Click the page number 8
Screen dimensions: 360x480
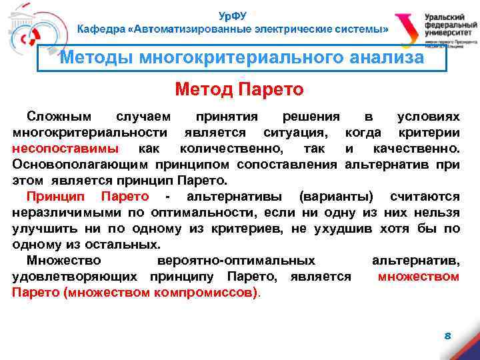[x=448, y=336]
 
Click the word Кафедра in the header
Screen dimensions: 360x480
[x=101, y=29]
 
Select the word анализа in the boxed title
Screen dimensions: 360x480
[x=389, y=58]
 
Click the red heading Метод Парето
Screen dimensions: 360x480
[x=239, y=89]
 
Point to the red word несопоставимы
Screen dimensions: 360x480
[x=66, y=147]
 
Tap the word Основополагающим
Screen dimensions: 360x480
[x=80, y=163]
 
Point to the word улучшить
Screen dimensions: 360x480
[x=45, y=229]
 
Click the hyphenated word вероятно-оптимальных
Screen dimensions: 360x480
[x=235, y=261]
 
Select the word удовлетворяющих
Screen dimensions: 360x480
[x=75, y=277]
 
